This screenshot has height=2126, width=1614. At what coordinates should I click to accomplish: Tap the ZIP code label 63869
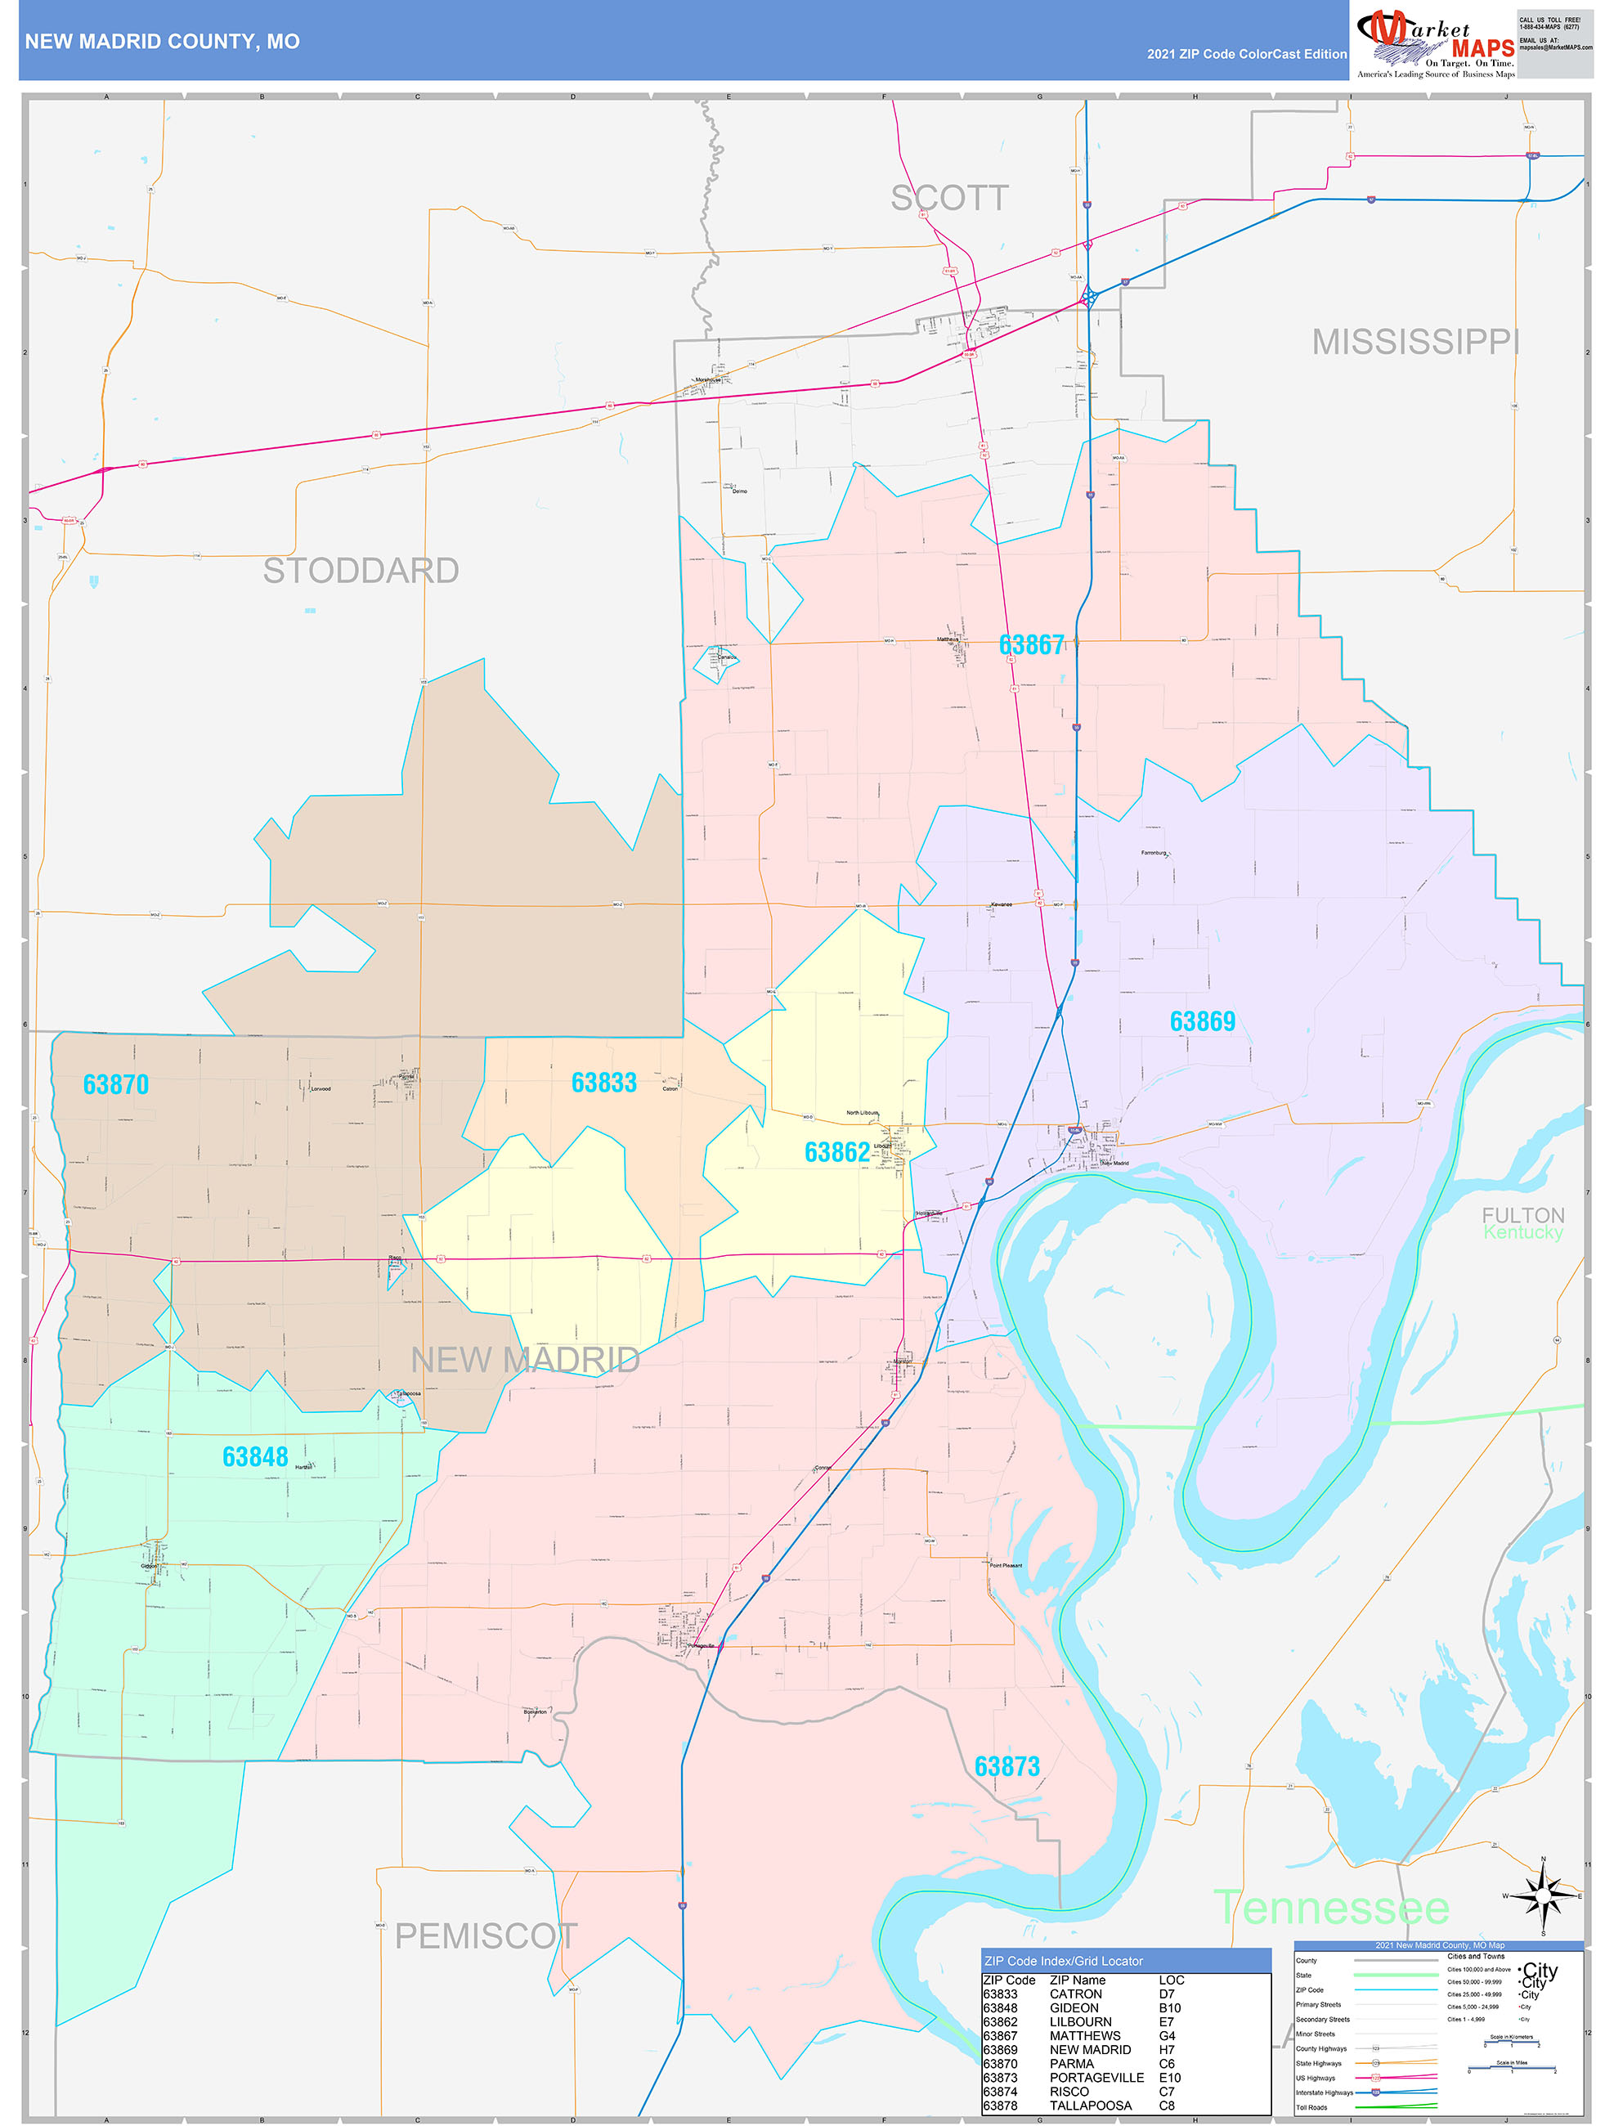click(1202, 1021)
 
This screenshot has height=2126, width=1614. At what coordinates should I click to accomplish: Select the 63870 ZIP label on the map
click(115, 1084)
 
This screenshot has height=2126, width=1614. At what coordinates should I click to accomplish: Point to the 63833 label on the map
click(603, 1083)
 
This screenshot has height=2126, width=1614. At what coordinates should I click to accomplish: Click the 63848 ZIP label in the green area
click(255, 1457)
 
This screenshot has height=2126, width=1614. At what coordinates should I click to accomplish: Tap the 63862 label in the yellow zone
click(836, 1151)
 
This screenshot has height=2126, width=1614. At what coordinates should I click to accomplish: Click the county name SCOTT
click(948, 198)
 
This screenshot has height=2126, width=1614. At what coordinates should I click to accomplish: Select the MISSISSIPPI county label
click(1415, 342)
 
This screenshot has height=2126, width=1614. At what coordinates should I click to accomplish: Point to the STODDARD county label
click(361, 571)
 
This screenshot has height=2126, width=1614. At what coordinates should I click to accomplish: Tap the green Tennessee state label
click(1330, 1908)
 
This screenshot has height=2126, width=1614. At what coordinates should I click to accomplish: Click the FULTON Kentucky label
click(1522, 1223)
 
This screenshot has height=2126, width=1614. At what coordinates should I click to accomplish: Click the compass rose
click(1543, 1895)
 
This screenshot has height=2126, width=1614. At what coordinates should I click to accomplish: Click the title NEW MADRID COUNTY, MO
click(163, 42)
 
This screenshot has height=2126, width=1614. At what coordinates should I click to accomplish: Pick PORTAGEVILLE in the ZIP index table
click(1096, 2077)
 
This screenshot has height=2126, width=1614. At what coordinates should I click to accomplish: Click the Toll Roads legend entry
click(1311, 2106)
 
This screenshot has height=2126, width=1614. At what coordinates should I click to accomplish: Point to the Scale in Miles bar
click(1511, 2068)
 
